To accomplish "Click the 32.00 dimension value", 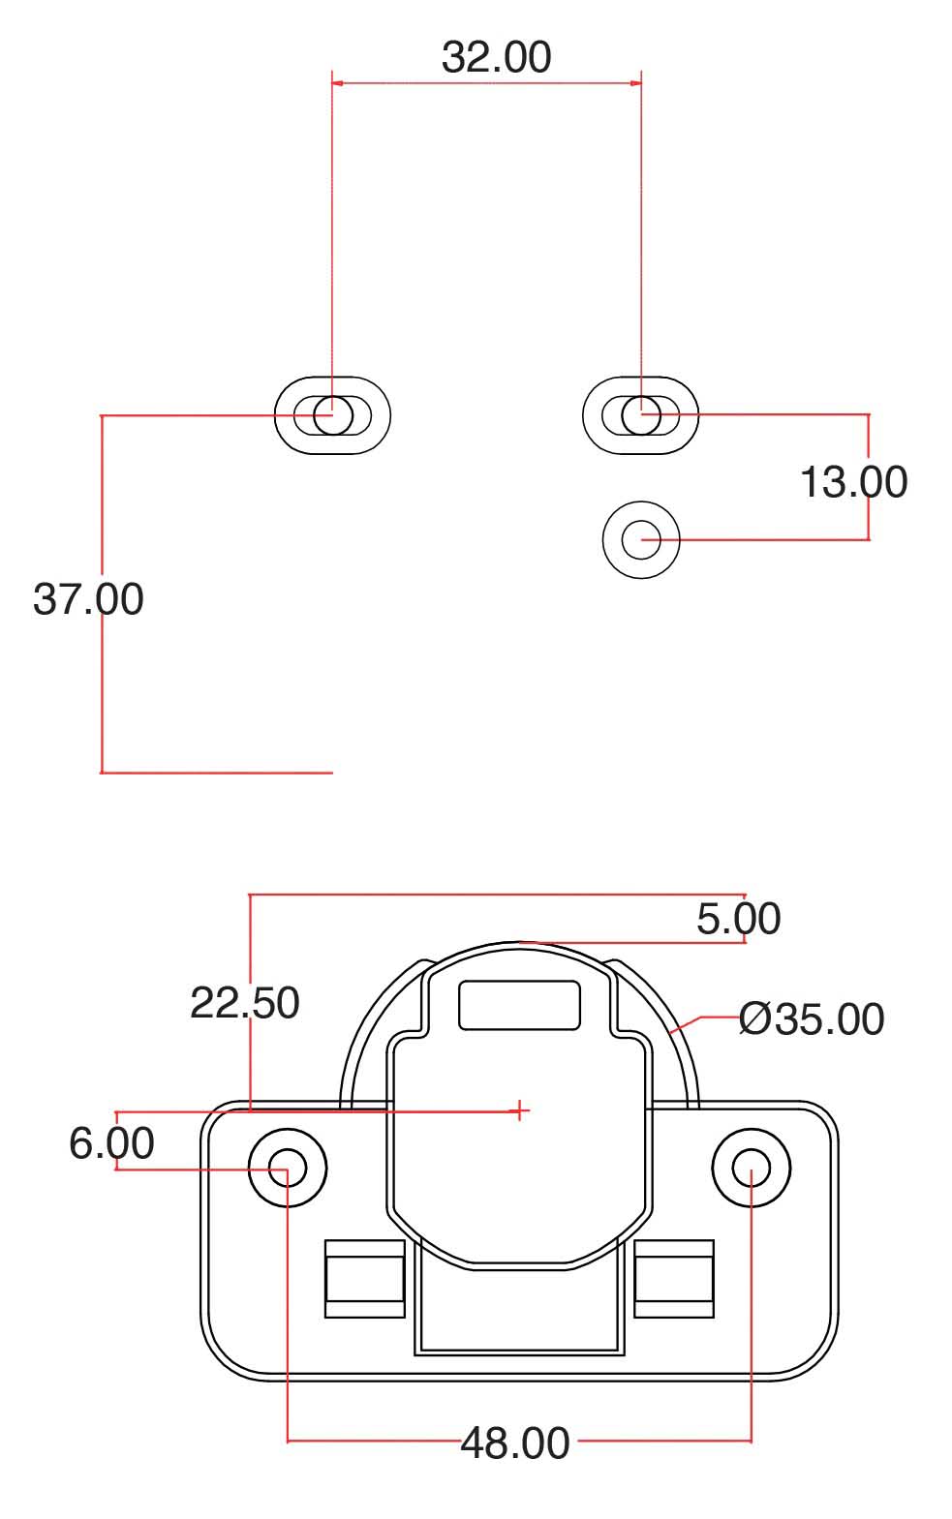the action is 496,57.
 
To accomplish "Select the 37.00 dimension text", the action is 88,598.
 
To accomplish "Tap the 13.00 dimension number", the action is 853,482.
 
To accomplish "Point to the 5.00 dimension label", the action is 738,919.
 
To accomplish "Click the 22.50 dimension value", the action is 244,1002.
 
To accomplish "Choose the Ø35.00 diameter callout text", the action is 812,1018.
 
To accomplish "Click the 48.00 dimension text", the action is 515,1443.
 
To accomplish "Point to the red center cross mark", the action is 520,1110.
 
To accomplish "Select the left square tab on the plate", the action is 365,1279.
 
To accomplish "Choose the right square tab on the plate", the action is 674,1279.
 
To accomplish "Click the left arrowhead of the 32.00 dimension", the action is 339,83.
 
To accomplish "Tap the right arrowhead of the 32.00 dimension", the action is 634,83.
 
